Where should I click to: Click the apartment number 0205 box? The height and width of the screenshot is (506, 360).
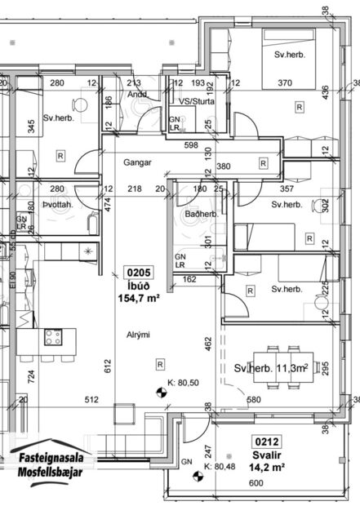[136, 273]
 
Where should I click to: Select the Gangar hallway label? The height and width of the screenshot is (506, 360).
[138, 162]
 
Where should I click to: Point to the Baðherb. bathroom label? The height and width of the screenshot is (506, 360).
[200, 215]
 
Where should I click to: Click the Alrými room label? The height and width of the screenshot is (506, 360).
[137, 335]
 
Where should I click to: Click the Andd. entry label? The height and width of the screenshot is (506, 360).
[136, 94]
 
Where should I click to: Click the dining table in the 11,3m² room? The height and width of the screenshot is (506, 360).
[266, 368]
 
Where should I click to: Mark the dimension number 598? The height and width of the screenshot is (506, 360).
[191, 147]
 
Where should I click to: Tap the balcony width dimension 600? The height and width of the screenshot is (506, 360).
[257, 484]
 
